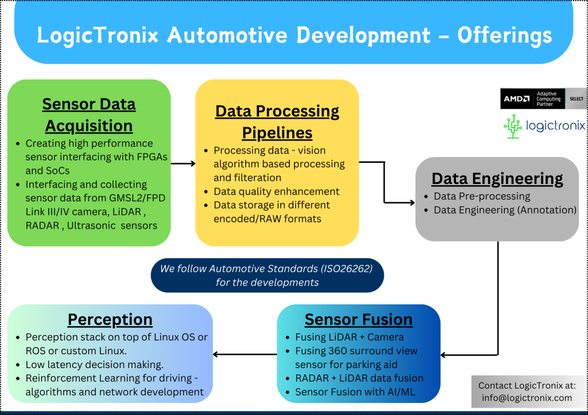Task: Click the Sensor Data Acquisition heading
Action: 89,115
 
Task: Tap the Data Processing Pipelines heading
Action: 277,122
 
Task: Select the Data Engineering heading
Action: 497,179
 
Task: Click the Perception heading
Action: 110,320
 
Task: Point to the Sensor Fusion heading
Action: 358,320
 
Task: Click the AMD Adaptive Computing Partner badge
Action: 543,99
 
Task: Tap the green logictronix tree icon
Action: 513,127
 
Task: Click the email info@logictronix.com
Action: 527,398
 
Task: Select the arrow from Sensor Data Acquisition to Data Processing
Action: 183,163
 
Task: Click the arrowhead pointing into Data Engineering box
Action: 412,203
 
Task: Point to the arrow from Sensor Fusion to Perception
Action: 245,354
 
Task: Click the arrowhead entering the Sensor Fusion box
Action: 443,355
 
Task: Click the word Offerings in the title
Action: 504,35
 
